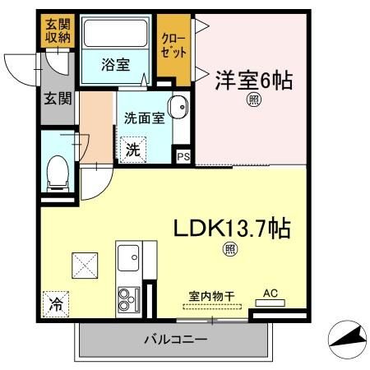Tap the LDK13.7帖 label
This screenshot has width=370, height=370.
point(229,226)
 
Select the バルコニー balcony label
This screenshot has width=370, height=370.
point(176,339)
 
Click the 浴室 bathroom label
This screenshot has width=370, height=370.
point(113,62)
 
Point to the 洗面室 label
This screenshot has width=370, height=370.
point(144,118)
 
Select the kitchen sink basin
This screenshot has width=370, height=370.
point(130,262)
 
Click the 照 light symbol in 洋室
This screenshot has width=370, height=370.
point(255,101)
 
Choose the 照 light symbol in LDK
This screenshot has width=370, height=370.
point(230,249)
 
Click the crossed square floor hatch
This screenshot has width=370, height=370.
point(82,265)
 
